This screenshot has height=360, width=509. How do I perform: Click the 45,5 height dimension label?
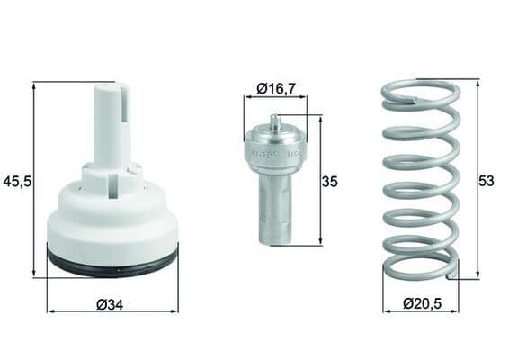17,181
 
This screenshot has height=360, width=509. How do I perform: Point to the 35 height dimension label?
329,181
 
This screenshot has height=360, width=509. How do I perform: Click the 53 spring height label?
487,181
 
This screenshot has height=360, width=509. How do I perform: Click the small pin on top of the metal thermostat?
275,121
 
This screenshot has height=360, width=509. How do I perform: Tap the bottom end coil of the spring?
421,269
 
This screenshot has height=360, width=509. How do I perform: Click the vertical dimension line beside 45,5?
34,180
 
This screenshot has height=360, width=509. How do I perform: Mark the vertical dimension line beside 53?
478,180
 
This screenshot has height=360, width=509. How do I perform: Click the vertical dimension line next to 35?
320,180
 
